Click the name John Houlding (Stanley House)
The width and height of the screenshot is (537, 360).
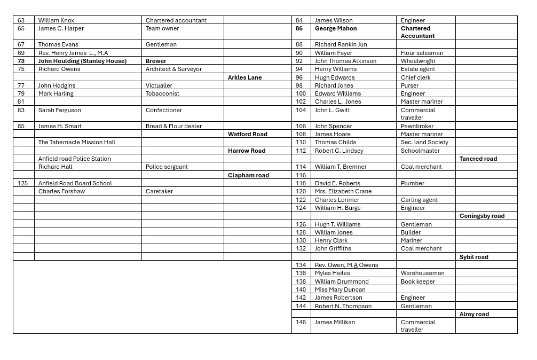[82, 61]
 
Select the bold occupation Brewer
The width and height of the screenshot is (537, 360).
[156, 61]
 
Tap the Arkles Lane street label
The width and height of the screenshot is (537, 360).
[244, 77]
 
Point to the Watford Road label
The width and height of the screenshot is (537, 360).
[247, 134]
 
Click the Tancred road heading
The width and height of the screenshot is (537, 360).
[478, 159]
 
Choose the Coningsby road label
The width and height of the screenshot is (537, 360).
[481, 216]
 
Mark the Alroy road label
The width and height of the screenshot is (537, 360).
[474, 314]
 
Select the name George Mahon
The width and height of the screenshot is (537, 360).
[335, 28]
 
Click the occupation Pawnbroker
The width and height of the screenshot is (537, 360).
[417, 126]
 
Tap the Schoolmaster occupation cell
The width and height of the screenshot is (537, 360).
[420, 151]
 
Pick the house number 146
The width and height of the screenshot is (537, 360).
[301, 322]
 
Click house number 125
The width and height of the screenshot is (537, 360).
[22, 183]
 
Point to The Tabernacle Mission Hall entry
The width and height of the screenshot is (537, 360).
[76, 142]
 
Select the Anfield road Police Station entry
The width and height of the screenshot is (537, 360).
[74, 159]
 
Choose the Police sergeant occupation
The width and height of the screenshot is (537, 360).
[167, 167]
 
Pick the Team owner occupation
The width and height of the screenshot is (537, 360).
[162, 28]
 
